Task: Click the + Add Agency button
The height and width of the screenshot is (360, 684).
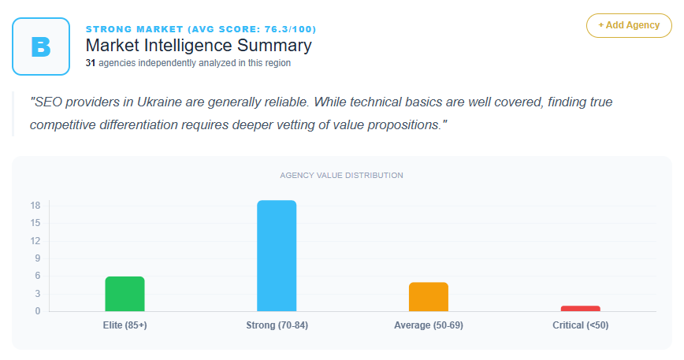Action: [x=629, y=25]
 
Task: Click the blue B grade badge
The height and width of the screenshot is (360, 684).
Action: [x=41, y=46]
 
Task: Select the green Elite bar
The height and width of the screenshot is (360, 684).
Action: [x=125, y=293]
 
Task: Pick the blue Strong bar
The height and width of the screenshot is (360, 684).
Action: [x=277, y=255]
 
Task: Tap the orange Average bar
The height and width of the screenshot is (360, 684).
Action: [x=429, y=296]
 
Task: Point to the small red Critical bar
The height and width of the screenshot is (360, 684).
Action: [x=581, y=308]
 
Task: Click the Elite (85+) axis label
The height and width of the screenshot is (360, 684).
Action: [x=125, y=325]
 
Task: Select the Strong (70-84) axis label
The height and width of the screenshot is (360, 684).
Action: [x=277, y=325]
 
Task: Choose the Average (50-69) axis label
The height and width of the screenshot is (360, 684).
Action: [x=429, y=325]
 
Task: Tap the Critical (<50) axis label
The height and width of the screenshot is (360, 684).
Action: [x=581, y=325]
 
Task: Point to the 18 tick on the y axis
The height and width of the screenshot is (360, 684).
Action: [x=35, y=206]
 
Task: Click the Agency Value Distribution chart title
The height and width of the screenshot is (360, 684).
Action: [x=341, y=175]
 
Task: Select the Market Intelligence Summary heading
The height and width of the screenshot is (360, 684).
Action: [x=199, y=46]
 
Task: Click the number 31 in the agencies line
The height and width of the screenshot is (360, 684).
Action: [x=91, y=63]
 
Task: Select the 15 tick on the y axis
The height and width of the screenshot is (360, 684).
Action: [x=35, y=223]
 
